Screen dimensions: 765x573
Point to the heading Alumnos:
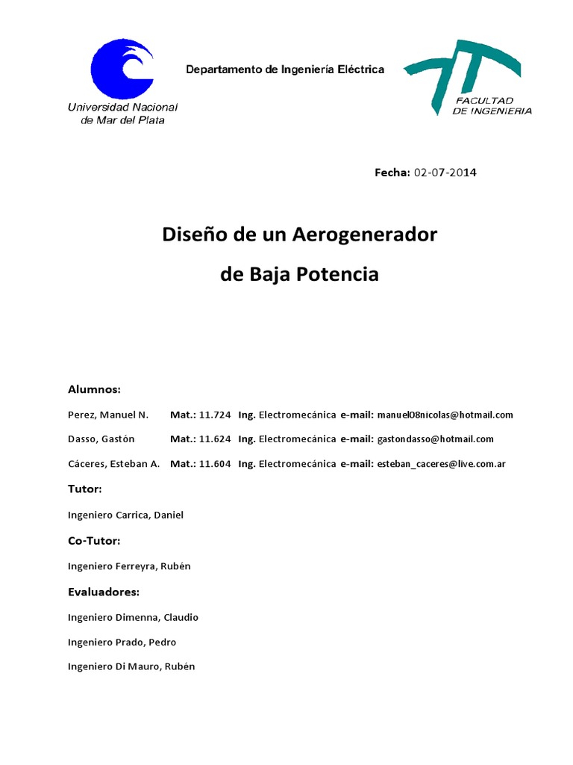click(94, 389)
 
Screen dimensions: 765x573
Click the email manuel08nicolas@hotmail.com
click(445, 415)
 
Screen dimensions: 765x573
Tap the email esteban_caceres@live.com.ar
click(442, 464)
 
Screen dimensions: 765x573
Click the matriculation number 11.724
click(215, 415)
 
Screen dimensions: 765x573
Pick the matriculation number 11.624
click(215, 439)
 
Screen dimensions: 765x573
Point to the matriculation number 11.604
click(215, 464)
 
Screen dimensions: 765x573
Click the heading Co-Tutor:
click(94, 540)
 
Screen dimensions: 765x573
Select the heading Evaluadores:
click(104, 592)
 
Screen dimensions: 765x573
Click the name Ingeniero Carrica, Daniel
click(125, 515)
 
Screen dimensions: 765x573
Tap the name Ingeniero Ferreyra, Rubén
click(129, 566)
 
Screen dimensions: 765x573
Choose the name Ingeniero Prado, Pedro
click(122, 642)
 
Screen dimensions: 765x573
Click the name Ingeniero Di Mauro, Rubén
click(131, 666)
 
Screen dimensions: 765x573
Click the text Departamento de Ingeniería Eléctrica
click(285, 69)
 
